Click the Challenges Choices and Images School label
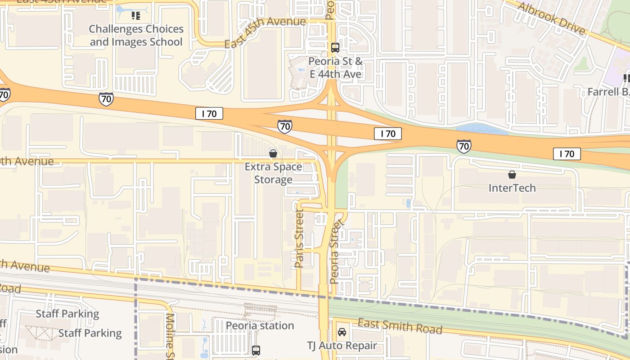pos(136,36)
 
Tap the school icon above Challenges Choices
pos(135,16)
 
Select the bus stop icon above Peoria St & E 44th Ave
pos(335,47)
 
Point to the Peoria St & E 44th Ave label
pos(335,67)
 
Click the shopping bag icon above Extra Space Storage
pos(273,153)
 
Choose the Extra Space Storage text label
pos(273,173)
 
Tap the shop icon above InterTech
pos(512,175)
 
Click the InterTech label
pos(512,188)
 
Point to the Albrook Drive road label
pos(551,18)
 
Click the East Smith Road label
pos(400,326)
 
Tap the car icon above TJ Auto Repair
pos(342,332)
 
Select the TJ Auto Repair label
pos(342,346)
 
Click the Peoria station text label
pos(260,325)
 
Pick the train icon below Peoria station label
pos(256,350)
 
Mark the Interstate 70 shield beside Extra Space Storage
pos(284,127)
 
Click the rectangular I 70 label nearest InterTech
pos(567,154)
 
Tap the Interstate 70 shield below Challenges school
pos(106,99)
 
